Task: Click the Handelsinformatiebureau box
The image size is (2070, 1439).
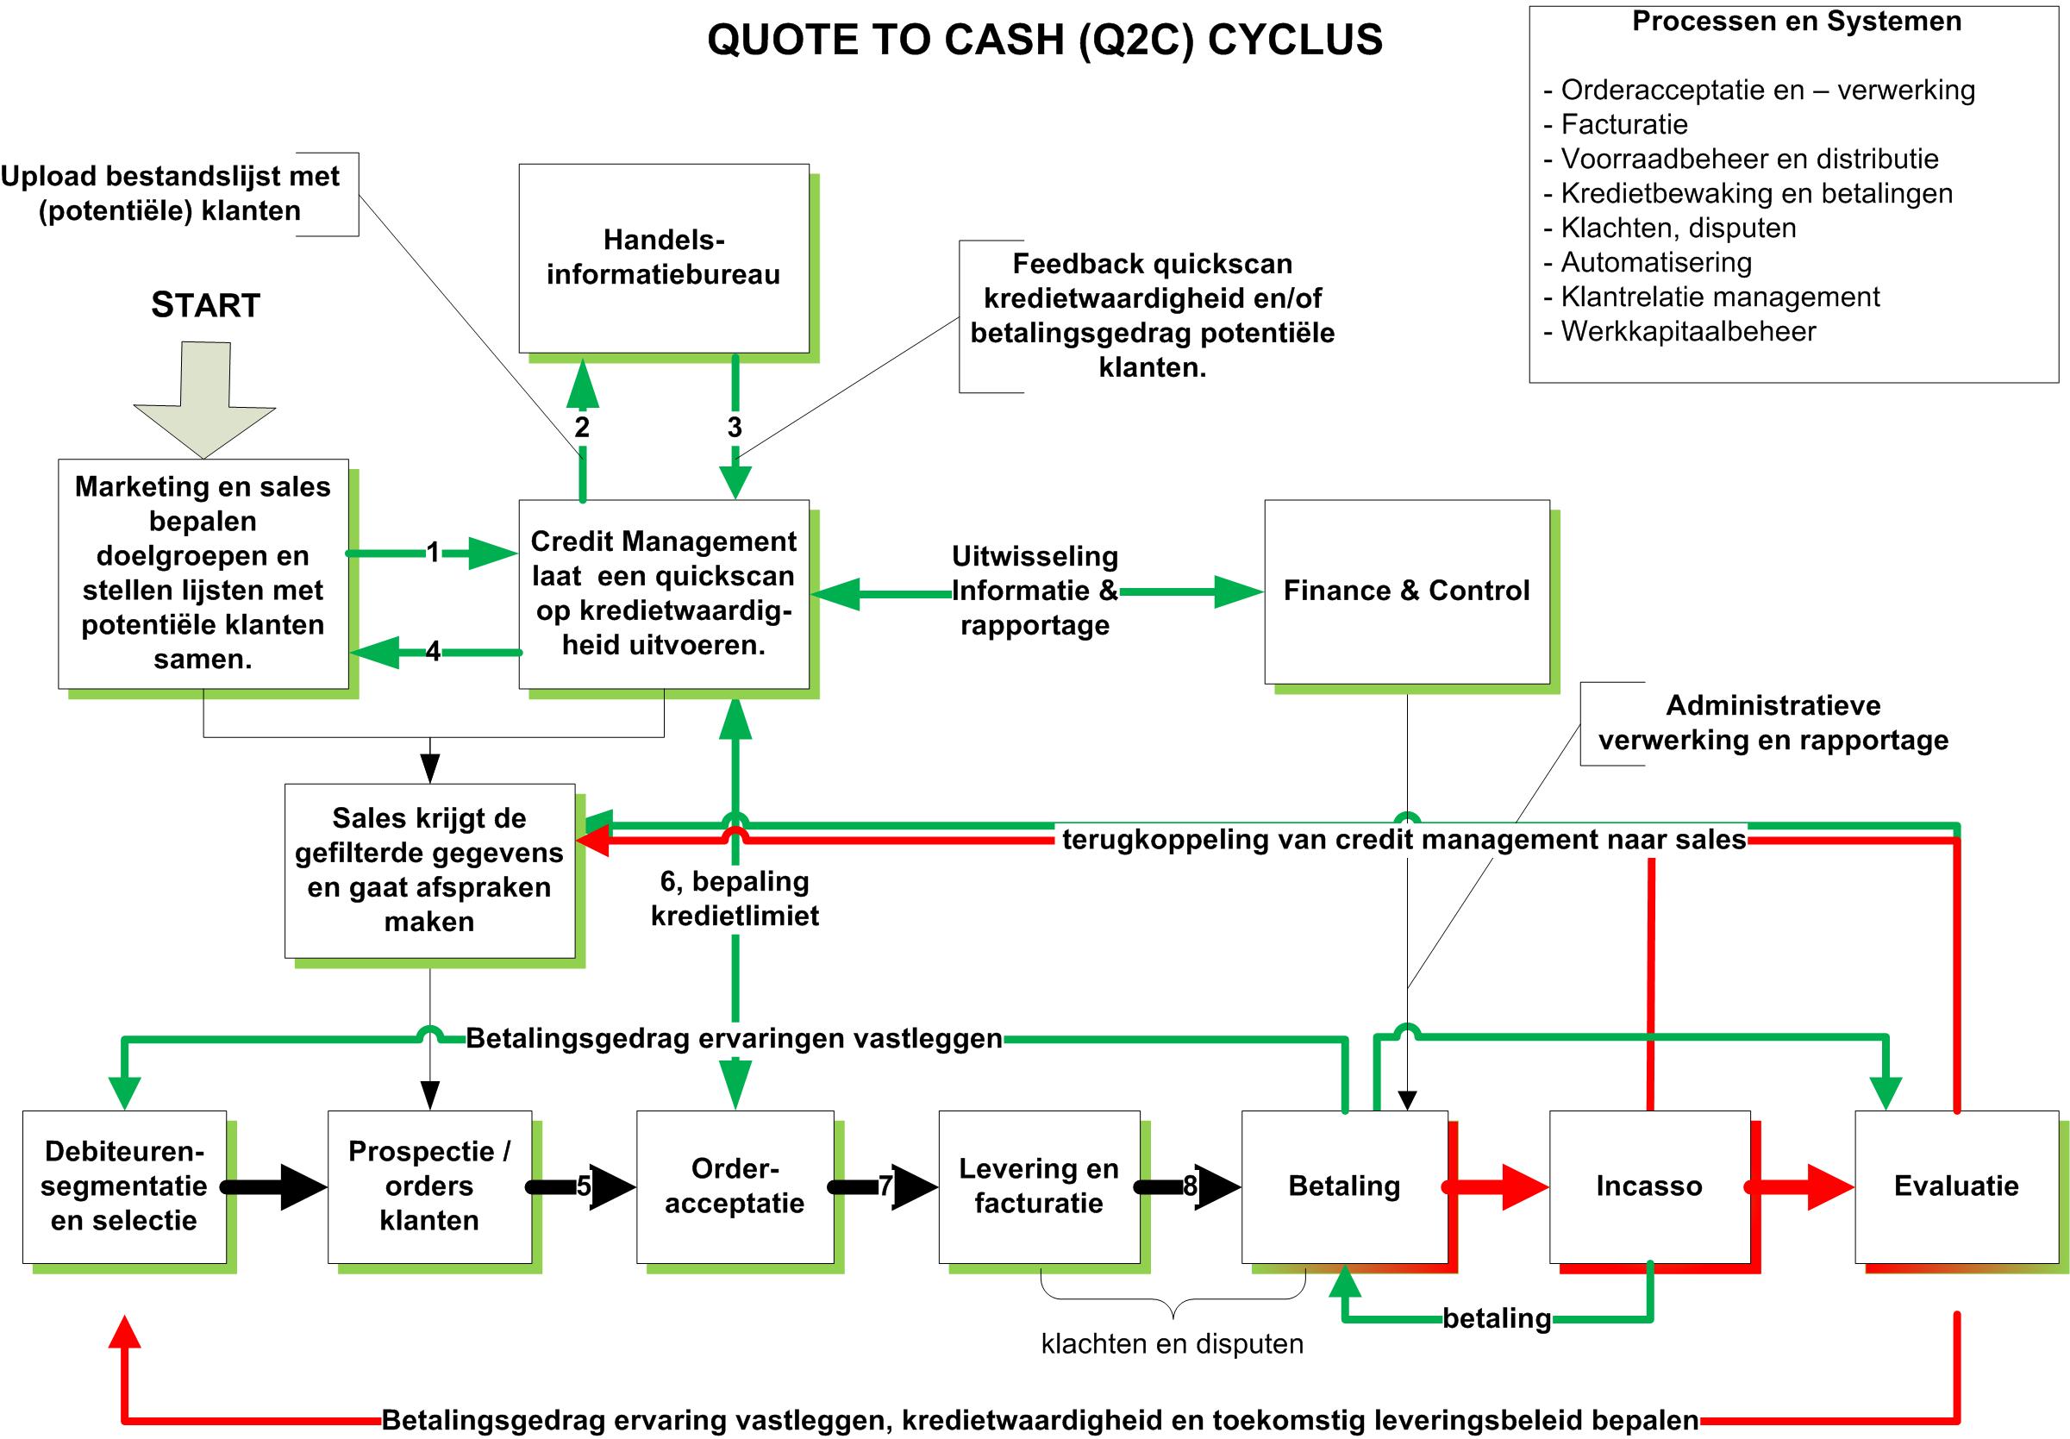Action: (x=664, y=258)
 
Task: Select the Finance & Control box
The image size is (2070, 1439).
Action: (x=1406, y=591)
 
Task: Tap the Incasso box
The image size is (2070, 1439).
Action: (x=1649, y=1186)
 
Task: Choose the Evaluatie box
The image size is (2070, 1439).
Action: (x=1955, y=1186)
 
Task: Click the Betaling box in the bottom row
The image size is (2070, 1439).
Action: (x=1343, y=1186)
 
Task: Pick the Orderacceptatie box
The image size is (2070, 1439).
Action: (x=735, y=1186)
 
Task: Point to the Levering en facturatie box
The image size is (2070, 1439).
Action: (x=1039, y=1186)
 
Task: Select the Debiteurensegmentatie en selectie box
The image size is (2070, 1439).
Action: (x=124, y=1186)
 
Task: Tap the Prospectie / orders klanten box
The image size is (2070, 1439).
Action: (x=429, y=1186)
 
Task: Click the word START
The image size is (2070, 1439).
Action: (x=205, y=306)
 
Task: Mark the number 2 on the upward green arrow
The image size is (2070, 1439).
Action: (x=583, y=428)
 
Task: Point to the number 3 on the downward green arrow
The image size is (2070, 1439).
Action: (x=735, y=428)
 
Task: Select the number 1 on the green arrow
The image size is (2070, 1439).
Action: (x=434, y=552)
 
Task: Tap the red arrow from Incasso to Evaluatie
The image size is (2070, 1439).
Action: (x=1803, y=1186)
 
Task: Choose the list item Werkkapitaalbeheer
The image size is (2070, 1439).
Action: (x=1688, y=332)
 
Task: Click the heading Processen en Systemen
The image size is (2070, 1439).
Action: (x=1796, y=22)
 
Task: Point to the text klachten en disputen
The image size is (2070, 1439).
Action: (x=1172, y=1344)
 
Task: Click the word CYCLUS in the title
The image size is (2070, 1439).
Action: (x=1295, y=41)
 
